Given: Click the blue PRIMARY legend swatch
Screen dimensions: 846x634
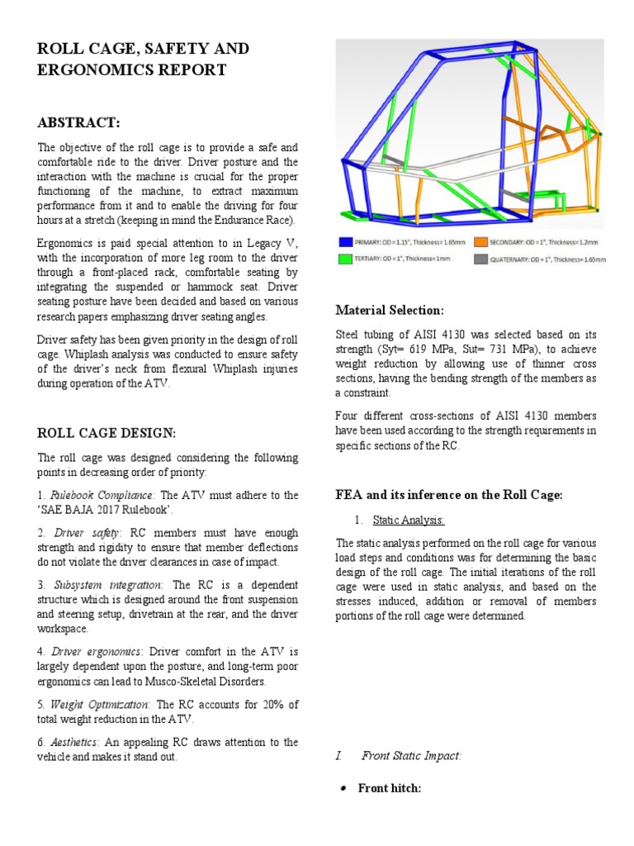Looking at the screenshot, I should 345,243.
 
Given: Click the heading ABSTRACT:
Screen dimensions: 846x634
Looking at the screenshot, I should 78,123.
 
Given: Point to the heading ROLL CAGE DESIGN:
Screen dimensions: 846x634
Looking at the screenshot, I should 106,433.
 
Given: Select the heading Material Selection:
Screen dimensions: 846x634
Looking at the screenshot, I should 390,310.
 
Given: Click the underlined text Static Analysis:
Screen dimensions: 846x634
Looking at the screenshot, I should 409,520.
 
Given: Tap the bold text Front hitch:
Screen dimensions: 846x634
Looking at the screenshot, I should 390,788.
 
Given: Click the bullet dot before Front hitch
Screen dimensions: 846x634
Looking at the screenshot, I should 343,789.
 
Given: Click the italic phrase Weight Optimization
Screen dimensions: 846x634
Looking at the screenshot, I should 100,705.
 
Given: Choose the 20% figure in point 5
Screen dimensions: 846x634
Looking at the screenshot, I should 271,705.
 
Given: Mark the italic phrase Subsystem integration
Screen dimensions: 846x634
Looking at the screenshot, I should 106,585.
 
